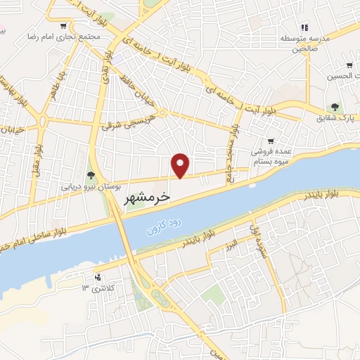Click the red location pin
coord(181,165)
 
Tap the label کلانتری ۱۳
coord(97,288)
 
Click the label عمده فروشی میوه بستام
coord(271,155)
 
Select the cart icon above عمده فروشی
coord(271,141)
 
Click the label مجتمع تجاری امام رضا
coord(60,35)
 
